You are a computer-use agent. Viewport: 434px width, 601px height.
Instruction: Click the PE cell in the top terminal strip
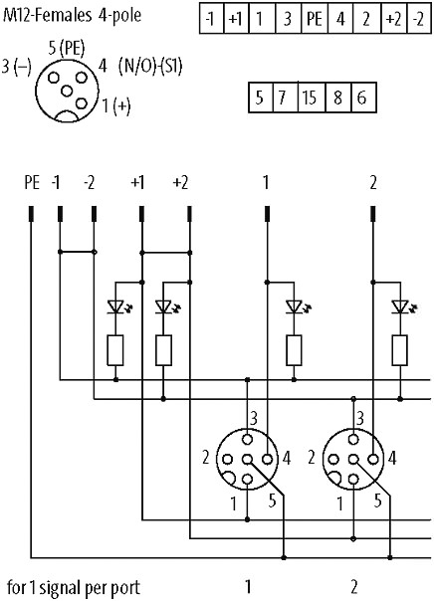[x=315, y=19]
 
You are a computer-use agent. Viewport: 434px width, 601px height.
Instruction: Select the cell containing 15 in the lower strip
[x=312, y=98]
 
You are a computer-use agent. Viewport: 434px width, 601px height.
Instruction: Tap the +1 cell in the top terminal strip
[x=235, y=19]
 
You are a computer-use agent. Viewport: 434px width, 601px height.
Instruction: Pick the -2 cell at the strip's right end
[x=418, y=19]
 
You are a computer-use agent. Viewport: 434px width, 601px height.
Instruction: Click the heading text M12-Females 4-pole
[x=72, y=16]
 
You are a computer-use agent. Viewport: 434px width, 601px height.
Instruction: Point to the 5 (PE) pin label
[x=67, y=49]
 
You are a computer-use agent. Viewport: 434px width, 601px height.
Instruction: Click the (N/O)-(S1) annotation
[x=150, y=67]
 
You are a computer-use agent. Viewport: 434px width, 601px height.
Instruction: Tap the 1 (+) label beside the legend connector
[x=116, y=106]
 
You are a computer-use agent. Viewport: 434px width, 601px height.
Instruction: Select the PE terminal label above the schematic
[x=32, y=182]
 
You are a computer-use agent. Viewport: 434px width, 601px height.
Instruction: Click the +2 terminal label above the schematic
[x=181, y=183]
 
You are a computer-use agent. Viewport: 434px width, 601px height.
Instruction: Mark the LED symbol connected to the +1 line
[x=116, y=306]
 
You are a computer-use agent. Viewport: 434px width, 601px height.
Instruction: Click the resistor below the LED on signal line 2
[x=400, y=350]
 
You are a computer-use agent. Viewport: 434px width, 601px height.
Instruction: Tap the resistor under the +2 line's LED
[x=163, y=350]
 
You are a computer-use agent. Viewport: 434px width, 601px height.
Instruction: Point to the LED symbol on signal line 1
[x=296, y=306]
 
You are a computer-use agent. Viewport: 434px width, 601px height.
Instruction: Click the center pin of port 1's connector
[x=247, y=459]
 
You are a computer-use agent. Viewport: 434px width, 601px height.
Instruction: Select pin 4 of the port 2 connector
[x=373, y=459]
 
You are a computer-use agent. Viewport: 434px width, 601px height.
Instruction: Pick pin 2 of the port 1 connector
[x=228, y=459]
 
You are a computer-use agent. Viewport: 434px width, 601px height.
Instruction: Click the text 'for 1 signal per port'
[x=74, y=588]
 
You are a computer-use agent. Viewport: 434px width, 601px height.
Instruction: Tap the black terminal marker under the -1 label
[x=60, y=214]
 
